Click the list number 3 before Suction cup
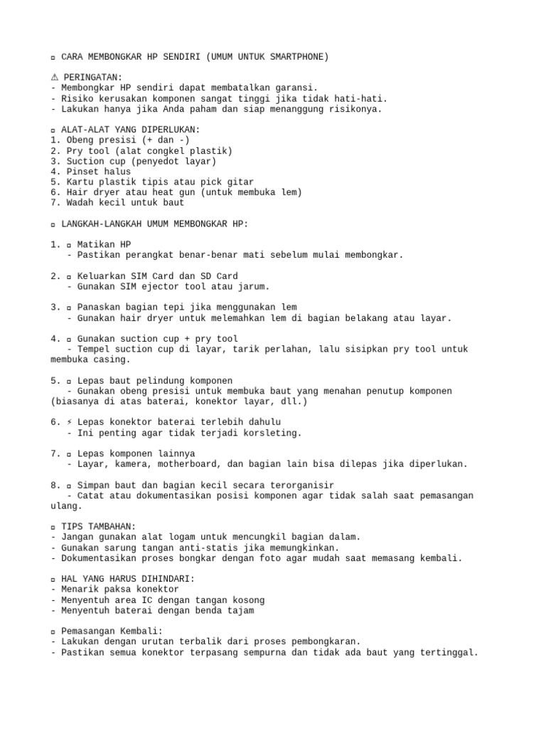(x=54, y=161)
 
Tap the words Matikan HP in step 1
(x=105, y=244)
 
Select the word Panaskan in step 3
(x=100, y=307)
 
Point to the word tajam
(x=239, y=610)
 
